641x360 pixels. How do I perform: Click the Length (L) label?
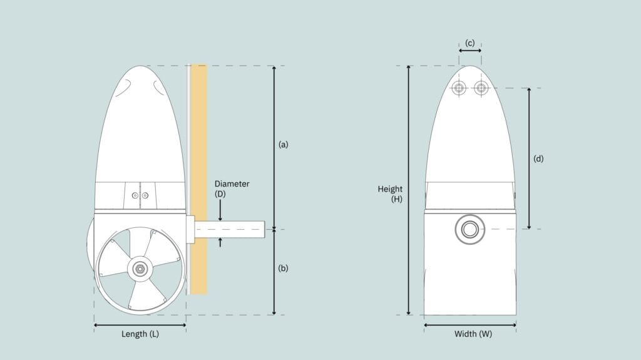[140, 334]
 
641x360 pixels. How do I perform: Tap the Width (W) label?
[473, 334]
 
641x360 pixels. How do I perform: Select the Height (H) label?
[390, 194]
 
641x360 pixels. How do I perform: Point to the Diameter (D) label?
[232, 188]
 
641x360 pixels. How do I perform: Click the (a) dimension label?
[284, 145]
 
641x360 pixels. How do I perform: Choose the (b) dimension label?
[284, 269]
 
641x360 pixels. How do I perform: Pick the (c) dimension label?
[469, 43]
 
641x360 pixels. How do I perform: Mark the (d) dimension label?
[538, 159]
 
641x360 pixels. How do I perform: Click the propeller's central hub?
[140, 269]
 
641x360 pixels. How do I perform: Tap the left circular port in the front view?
[459, 88]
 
